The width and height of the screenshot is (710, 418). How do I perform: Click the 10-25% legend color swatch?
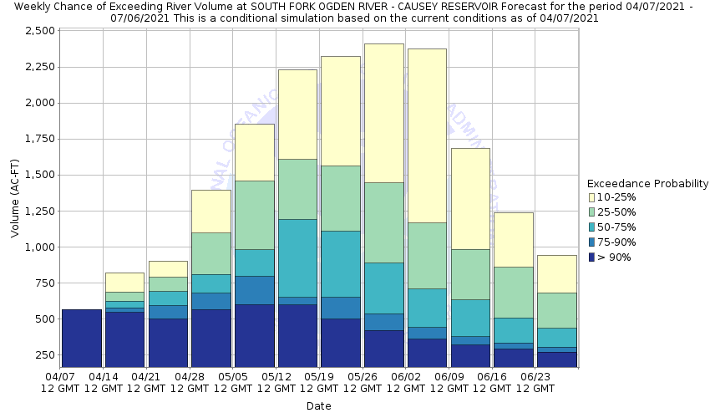592,197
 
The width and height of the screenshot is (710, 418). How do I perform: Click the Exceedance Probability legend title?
647,183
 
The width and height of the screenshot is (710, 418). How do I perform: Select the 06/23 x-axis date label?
535,377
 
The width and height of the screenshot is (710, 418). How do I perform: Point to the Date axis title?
318,406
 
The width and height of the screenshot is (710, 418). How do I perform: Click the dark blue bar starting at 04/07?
82,338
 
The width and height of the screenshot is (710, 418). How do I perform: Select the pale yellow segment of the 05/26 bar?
384,113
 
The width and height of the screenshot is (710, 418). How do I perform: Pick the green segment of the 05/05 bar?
255,215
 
